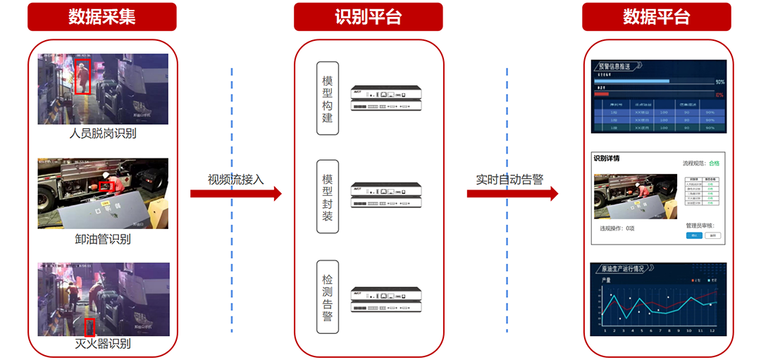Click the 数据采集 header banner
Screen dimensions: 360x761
(x=102, y=17)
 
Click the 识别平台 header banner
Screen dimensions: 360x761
(x=369, y=17)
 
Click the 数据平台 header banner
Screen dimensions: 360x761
(x=656, y=17)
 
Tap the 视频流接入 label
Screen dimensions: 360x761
(x=235, y=179)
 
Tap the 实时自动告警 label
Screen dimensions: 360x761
(x=509, y=179)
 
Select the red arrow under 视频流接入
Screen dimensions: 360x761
(x=235, y=194)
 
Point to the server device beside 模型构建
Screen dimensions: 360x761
(x=386, y=99)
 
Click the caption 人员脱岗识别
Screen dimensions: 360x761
(x=103, y=133)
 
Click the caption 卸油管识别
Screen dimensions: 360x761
(x=103, y=239)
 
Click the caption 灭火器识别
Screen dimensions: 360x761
(x=103, y=344)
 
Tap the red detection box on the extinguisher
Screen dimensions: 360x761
(x=89, y=327)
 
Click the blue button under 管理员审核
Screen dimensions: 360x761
(x=694, y=235)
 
